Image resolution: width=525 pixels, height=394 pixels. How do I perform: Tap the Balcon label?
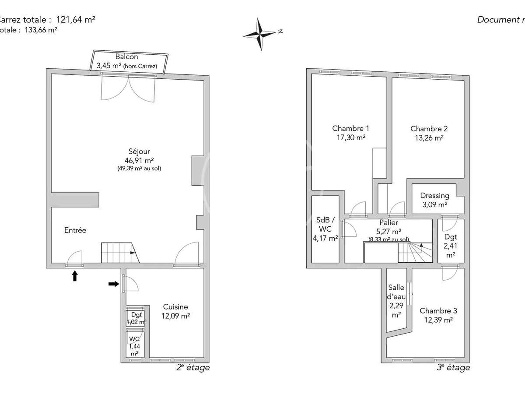tap(126, 57)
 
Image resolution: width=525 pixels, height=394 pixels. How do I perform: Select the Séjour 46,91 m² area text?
tap(139, 160)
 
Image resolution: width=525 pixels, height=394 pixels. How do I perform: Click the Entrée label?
tap(75, 230)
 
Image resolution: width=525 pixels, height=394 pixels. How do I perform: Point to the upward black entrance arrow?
tap(75, 275)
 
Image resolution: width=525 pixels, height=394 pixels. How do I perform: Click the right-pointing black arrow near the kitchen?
tap(113, 284)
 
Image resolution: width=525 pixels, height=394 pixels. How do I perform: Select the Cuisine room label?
tap(175, 307)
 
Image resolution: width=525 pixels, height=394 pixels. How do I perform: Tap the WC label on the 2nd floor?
tap(133, 339)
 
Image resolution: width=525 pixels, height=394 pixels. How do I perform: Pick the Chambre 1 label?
tap(350, 129)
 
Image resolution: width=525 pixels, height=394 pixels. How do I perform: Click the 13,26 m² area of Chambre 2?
tap(429, 137)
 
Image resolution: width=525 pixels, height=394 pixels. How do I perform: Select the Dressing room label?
tap(434, 196)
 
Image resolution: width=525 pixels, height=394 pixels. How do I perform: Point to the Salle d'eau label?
tap(397, 292)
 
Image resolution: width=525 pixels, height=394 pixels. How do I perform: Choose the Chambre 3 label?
tap(438, 311)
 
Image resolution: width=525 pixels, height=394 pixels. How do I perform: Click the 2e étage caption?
tap(192, 368)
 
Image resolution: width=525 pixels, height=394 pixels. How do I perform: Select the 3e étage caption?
tap(453, 368)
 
